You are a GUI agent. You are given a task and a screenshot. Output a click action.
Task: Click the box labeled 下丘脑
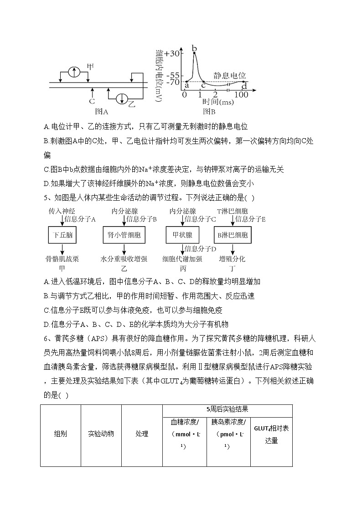pyautogui.click(x=62, y=236)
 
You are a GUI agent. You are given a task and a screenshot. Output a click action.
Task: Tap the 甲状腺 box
pyautogui.click(x=182, y=236)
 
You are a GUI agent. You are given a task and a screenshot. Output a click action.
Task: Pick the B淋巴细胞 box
pyautogui.click(x=233, y=236)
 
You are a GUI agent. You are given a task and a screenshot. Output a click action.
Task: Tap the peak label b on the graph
pyautogui.click(x=194, y=48)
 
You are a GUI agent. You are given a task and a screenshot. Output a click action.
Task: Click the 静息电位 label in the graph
pyautogui.click(x=229, y=75)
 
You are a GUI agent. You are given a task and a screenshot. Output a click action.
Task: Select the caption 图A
pyautogui.click(x=101, y=111)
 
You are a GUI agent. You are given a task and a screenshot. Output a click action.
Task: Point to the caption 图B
pyautogui.click(x=209, y=111)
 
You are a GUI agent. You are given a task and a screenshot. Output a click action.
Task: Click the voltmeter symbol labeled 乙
pyautogui.click(x=122, y=98)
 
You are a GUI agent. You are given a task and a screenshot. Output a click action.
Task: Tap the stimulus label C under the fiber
pyautogui.click(x=92, y=101)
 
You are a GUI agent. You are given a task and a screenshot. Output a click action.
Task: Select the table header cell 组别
pyautogui.click(x=61, y=434)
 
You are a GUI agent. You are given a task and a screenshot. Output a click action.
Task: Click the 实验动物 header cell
pyautogui.click(x=101, y=434)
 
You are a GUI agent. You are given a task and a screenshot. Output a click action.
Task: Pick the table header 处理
pyautogui.click(x=142, y=434)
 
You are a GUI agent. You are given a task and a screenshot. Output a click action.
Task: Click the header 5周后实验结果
pyautogui.click(x=227, y=409)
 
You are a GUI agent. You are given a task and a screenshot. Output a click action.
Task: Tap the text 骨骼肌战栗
pyautogui.click(x=62, y=259)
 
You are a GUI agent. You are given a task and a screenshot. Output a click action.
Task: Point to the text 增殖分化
pyautogui.click(x=232, y=259)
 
